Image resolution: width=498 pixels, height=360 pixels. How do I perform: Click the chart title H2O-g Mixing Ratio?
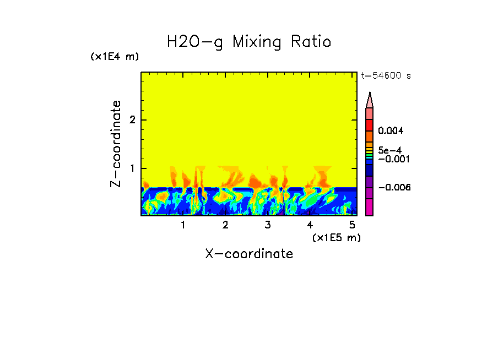(x=249, y=42)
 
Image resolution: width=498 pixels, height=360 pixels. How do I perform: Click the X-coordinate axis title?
(x=249, y=254)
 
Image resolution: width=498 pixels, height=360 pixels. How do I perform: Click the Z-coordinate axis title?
(x=116, y=144)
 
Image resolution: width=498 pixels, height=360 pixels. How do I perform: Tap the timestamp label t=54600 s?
(x=386, y=76)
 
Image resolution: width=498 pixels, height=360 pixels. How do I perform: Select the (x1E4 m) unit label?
(x=115, y=57)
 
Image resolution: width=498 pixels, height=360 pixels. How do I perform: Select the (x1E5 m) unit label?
(x=336, y=237)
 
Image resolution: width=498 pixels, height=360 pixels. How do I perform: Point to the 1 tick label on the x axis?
(x=183, y=225)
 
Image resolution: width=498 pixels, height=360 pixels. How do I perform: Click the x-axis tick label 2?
(x=225, y=225)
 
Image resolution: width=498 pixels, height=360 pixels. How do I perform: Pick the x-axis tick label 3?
(x=268, y=225)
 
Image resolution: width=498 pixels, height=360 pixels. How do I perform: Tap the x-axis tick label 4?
(x=310, y=225)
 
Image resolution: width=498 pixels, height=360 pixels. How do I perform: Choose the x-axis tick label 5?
(x=352, y=225)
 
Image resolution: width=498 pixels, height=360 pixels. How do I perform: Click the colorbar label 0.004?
(x=391, y=131)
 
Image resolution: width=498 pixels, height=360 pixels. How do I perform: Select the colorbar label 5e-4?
(x=389, y=150)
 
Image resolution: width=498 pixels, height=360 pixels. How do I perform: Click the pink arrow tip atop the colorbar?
(x=370, y=100)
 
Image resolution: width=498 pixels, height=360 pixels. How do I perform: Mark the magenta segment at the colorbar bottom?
(x=370, y=208)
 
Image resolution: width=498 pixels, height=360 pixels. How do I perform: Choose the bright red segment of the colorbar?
(x=370, y=124)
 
